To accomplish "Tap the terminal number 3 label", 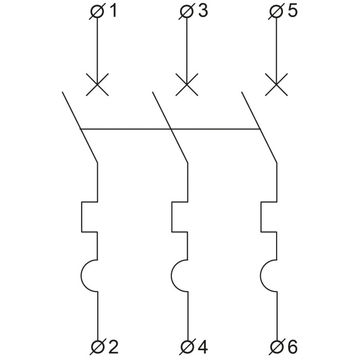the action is [203, 11].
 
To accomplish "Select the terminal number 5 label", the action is [293, 11].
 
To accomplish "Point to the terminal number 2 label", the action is [113, 347].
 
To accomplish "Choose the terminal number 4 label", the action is [203, 347].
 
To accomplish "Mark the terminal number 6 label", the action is [293, 347].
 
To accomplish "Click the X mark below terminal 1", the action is [97, 84].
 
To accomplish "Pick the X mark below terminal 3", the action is [187, 84].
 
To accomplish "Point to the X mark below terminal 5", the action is [276, 84].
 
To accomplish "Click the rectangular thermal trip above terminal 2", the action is [81, 217].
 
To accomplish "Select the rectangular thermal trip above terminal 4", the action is [172, 217].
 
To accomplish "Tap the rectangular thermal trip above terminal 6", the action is [261, 217].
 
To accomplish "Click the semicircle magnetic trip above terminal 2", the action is [81, 276].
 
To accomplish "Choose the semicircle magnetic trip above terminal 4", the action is [171, 276].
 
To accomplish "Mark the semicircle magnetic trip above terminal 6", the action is [261, 276].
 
